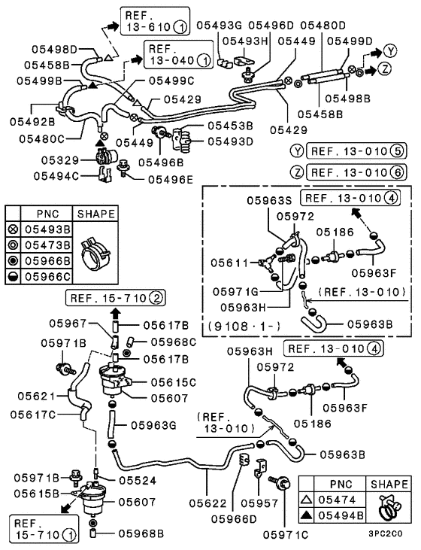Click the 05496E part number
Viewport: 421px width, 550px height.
pos(169,179)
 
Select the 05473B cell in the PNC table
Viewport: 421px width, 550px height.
pos(49,245)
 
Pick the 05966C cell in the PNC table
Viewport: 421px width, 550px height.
pos(49,275)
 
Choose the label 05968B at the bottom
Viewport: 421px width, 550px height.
pos(141,534)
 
